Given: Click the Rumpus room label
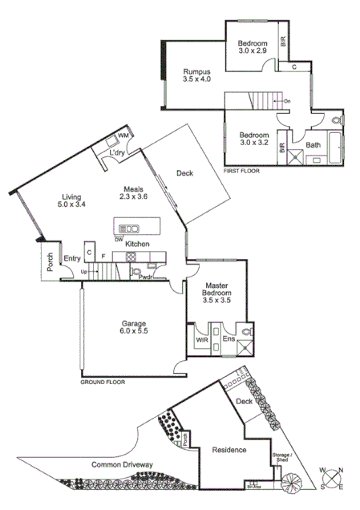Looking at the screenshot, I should (x=196, y=75).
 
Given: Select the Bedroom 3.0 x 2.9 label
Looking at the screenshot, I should (x=255, y=46).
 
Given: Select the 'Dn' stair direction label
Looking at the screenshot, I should (x=287, y=101).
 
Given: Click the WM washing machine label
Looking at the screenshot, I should (x=123, y=136).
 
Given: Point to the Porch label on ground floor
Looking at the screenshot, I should (x=50, y=264).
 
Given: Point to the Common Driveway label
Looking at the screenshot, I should (x=124, y=464).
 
